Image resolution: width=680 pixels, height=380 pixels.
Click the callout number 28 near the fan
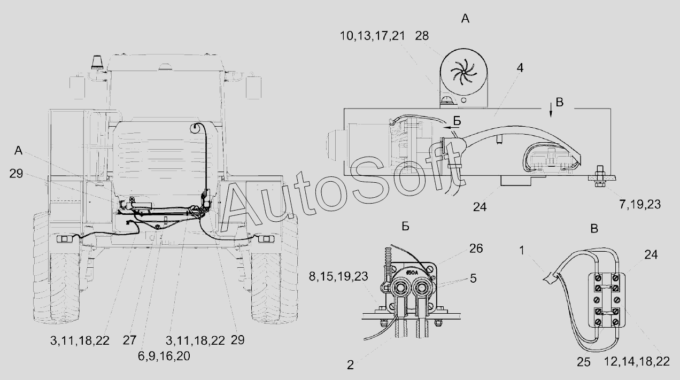point(422,36)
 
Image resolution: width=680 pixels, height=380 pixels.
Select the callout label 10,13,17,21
point(373,36)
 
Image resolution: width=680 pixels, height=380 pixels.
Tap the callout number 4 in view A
point(520,68)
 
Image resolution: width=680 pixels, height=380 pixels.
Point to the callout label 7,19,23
point(640,205)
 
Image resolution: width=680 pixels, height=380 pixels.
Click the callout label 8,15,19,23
point(338,276)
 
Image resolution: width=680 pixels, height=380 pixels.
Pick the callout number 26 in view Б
point(476,249)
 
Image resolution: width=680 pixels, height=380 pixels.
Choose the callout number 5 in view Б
point(473,278)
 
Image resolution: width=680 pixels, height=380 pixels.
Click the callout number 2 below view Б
point(350,365)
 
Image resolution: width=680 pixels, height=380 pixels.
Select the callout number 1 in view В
point(522,251)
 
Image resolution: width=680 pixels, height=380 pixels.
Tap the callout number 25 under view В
point(583,362)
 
